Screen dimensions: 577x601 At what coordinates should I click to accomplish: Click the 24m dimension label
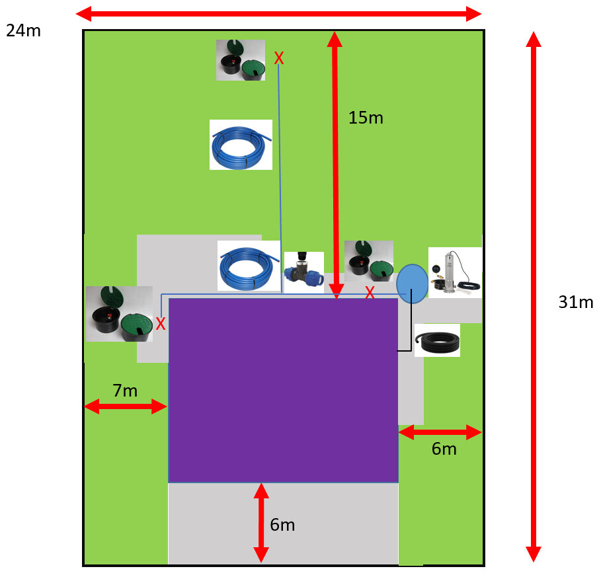pos(23,30)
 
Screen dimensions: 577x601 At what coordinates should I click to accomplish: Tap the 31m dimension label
pos(576,303)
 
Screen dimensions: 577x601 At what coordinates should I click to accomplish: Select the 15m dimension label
pos(366,118)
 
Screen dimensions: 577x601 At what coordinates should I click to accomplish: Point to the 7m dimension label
pos(125,391)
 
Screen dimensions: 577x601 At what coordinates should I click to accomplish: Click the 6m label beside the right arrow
pos(444,449)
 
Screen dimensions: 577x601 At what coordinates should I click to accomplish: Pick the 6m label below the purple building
pos(282,525)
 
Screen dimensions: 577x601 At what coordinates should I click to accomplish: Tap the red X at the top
pos(279,59)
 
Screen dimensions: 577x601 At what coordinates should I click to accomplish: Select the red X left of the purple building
pos(160,323)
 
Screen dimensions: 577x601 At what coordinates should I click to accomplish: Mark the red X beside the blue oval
pos(370,291)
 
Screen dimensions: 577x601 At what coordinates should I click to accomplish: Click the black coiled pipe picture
pos(437,340)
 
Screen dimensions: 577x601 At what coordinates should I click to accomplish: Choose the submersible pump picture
pos(455,272)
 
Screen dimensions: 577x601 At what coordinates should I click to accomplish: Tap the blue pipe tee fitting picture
pos(303,272)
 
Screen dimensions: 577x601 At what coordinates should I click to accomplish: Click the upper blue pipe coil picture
pos(241,144)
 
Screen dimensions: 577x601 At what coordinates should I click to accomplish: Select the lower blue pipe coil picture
pos(249,265)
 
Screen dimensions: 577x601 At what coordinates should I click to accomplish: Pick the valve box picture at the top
pos(241,60)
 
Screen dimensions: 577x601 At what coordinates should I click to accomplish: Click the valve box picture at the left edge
pos(119,314)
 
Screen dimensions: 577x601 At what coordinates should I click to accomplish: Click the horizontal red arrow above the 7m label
pos(125,406)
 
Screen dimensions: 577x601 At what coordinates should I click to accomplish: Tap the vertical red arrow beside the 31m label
pos(534,297)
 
